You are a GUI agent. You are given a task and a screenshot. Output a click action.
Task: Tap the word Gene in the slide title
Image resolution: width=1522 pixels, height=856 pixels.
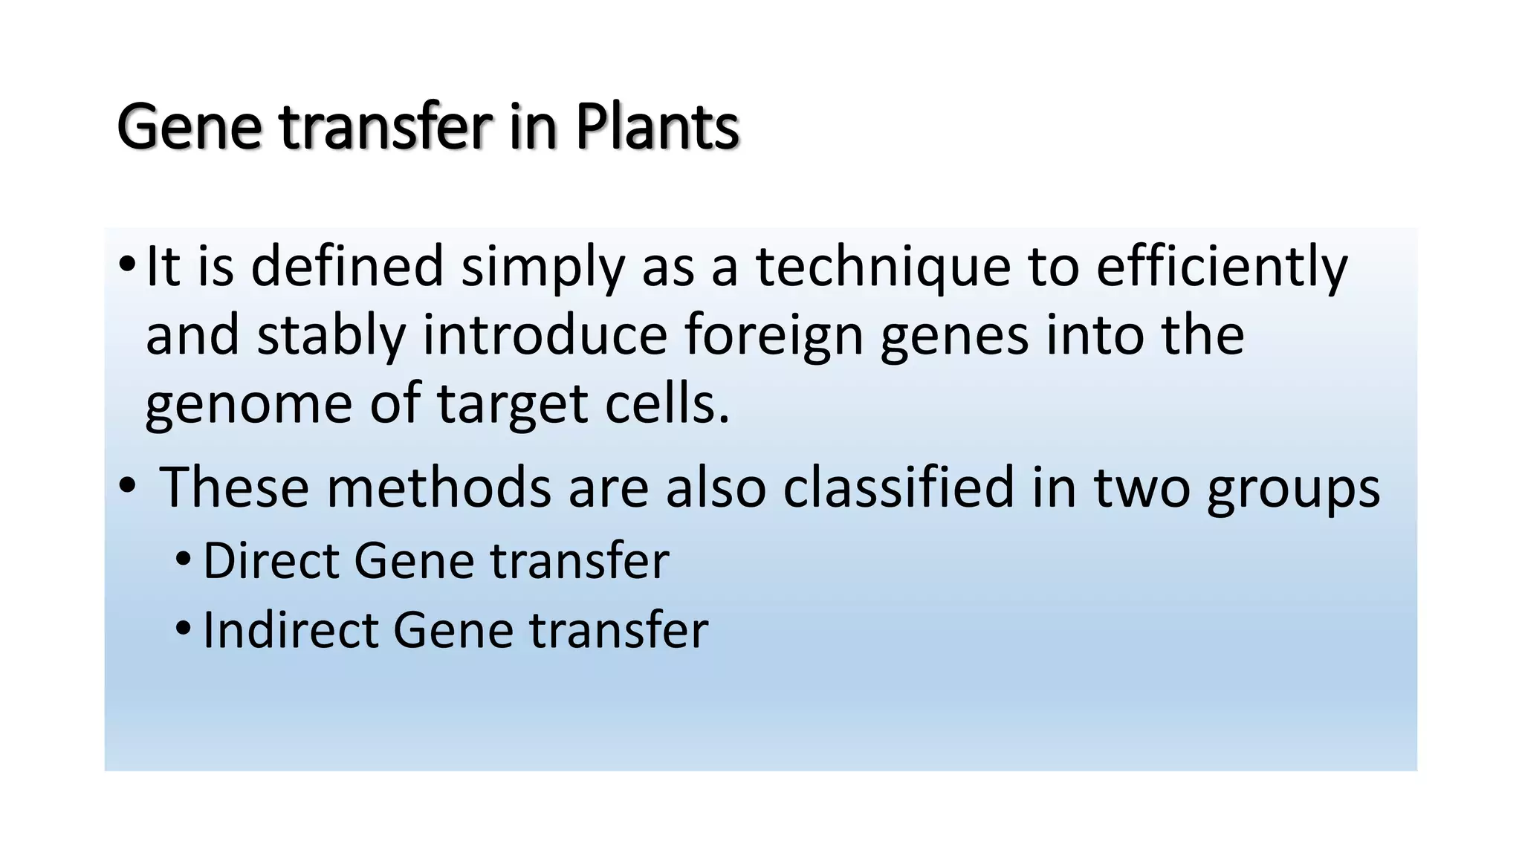190,127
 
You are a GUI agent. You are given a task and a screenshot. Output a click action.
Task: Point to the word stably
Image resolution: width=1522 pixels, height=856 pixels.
331,335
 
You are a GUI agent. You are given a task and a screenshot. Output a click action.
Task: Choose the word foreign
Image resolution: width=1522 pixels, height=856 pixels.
774,335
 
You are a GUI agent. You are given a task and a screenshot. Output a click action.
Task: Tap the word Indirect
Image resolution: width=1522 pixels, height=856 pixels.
290,630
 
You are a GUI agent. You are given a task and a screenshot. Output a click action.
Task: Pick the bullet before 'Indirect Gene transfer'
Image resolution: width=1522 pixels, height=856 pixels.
183,629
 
